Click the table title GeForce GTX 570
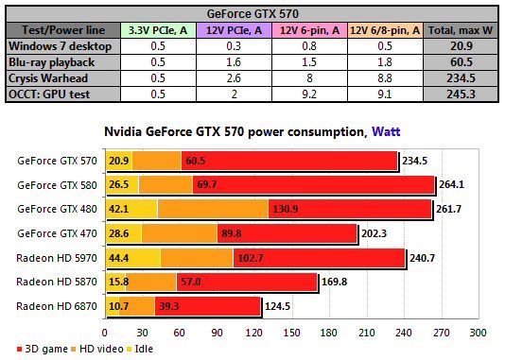point(252,12)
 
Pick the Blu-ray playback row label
point(54,61)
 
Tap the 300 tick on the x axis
point(478,333)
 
